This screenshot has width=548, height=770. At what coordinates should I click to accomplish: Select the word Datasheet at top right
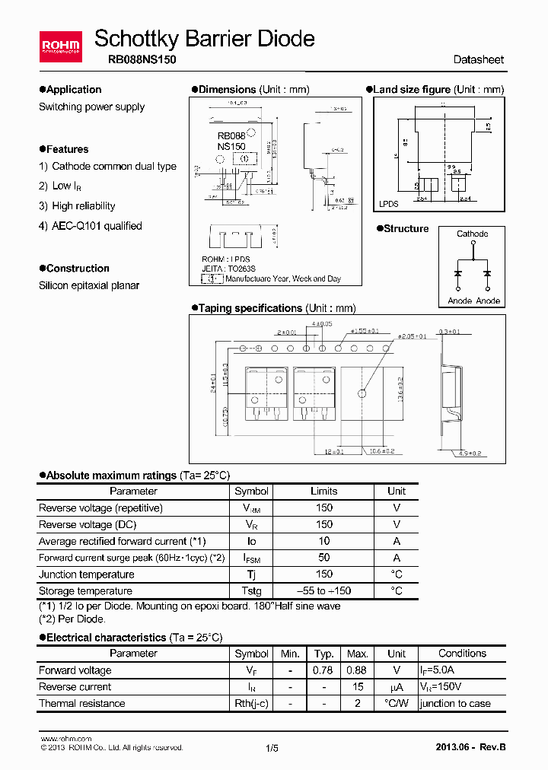coord(478,59)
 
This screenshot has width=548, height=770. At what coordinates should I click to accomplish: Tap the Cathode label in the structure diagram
coord(472,234)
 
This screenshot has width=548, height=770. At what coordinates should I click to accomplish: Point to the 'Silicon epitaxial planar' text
coord(89,285)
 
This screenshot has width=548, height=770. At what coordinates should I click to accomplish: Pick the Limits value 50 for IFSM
coord(323,558)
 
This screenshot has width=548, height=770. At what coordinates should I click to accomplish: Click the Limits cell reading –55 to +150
coord(323,591)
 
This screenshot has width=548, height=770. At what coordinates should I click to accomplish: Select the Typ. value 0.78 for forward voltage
coord(323,670)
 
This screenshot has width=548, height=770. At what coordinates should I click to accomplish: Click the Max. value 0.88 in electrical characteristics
coord(356,670)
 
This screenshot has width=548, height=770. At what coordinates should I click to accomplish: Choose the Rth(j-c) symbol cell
coord(251,704)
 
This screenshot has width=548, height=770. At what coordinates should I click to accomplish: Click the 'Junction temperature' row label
coord(87,574)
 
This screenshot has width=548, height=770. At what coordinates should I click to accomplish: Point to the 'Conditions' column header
coord(462,654)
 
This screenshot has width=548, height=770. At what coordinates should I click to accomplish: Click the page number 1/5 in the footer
coord(272,748)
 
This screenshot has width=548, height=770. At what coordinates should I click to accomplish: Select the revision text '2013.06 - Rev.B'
coord(470,747)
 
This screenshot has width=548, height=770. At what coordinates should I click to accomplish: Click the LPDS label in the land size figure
coord(389,204)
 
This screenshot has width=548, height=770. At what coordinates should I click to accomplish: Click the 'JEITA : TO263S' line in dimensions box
coord(228,269)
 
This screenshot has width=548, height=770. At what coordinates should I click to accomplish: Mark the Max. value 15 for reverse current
coord(356,687)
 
